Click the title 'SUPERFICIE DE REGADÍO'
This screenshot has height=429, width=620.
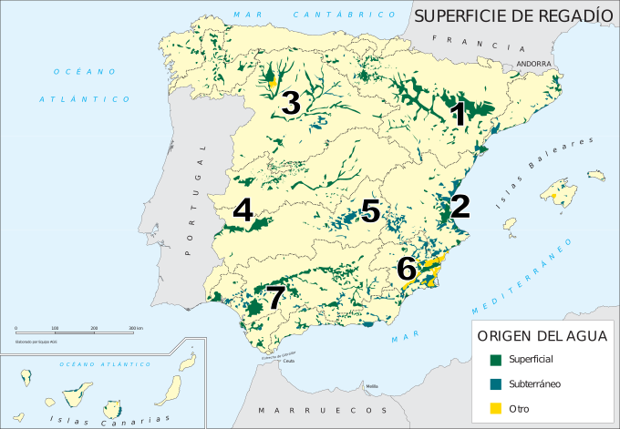513,15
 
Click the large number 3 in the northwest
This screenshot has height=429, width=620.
291,103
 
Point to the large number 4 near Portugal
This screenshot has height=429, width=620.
243,210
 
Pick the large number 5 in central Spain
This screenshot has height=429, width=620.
369,210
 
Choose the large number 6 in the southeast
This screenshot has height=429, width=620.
407,269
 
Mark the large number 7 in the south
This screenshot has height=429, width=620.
275,297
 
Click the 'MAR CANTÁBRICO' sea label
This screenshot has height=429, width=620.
315,15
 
